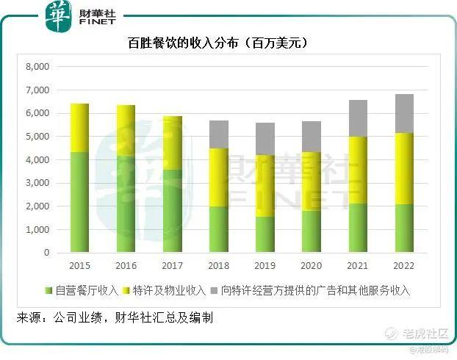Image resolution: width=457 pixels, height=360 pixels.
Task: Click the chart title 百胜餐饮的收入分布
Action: click(217, 43)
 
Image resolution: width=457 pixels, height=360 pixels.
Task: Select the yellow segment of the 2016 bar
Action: click(126, 130)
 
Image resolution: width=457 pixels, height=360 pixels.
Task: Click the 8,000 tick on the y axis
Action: click(37, 67)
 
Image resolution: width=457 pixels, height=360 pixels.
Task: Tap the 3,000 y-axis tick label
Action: click(37, 183)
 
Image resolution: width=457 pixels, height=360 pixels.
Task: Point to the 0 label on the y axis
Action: click(46, 253)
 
